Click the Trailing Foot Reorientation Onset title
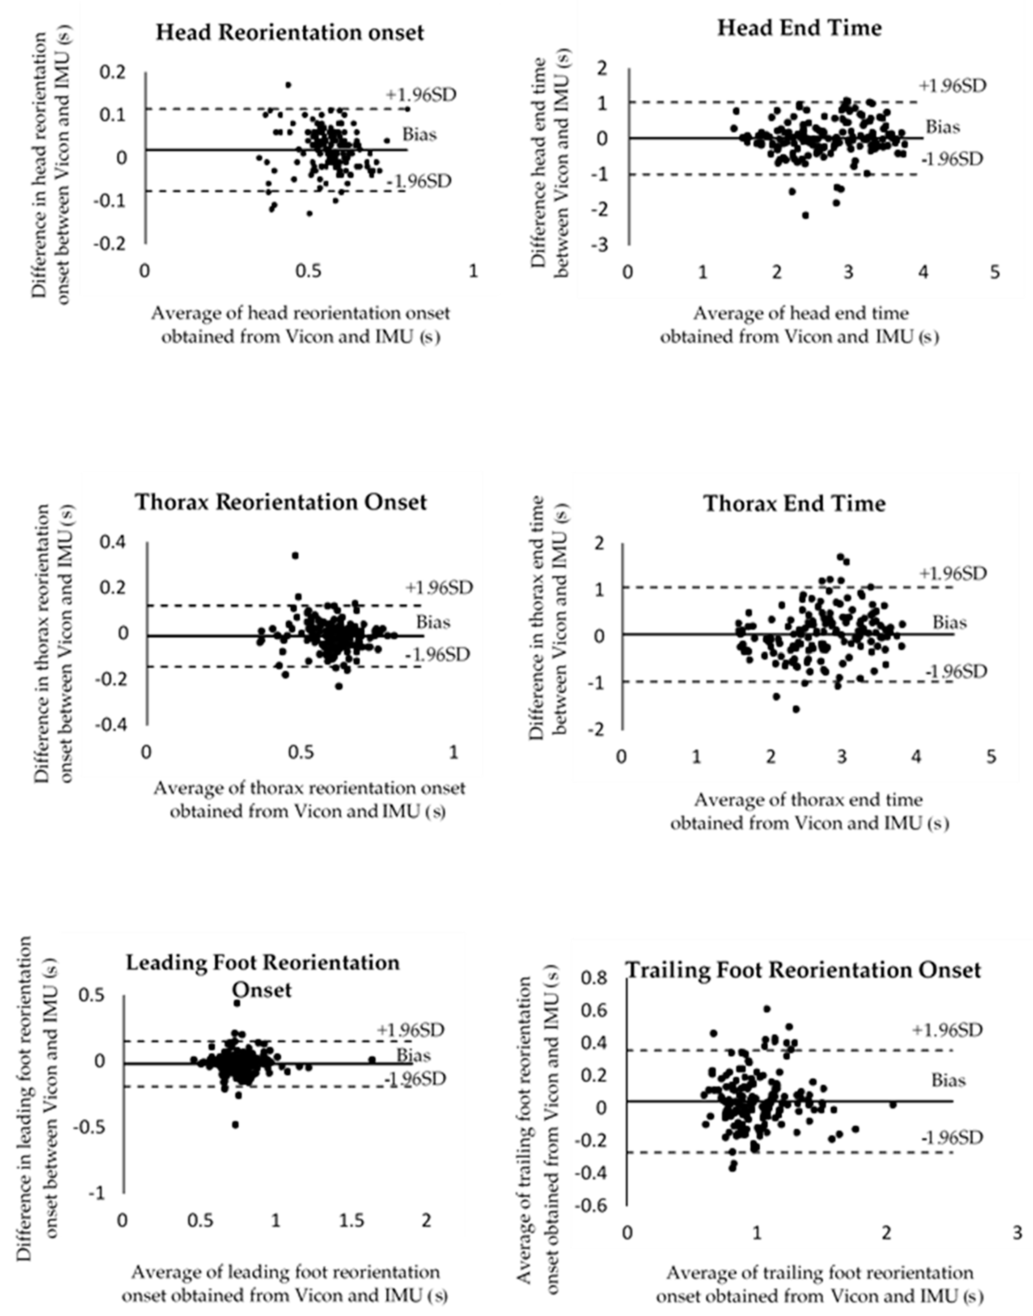[803, 970]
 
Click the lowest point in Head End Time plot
[805, 215]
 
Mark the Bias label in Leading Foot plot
[414, 1055]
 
